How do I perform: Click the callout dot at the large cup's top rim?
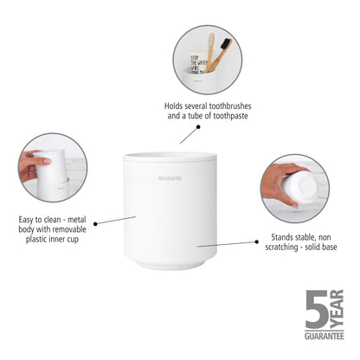(196, 128)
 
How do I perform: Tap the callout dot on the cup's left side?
(95, 223)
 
